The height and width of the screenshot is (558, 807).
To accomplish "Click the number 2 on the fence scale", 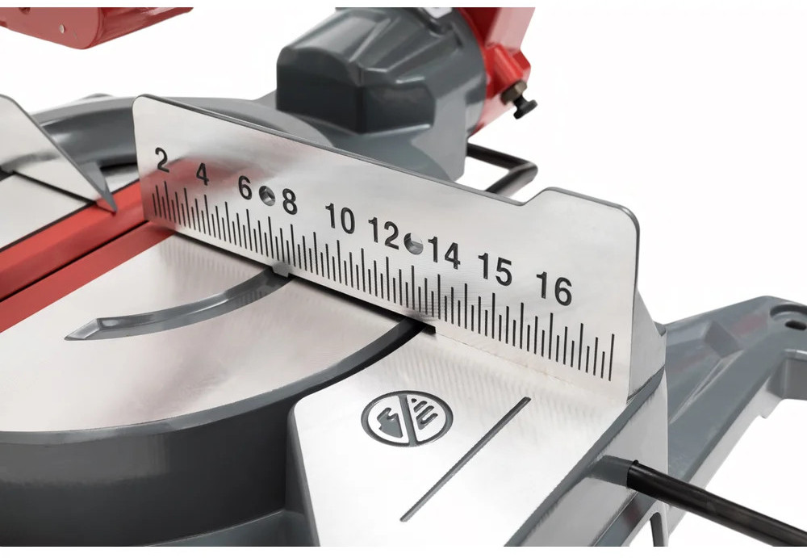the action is coord(162,159).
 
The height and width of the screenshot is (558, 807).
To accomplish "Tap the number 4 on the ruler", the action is coord(203,174).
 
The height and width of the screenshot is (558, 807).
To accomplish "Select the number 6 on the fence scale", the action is coord(245,188).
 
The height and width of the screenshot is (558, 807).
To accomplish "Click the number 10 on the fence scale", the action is coord(341,219).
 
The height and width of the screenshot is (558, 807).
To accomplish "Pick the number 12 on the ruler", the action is coord(384,233).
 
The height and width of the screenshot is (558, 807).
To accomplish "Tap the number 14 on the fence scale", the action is coord(444,253).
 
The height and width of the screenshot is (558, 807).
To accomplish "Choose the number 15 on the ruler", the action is coord(495,269).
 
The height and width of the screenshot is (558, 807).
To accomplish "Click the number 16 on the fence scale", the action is coord(554,288).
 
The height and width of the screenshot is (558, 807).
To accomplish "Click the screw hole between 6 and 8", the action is coord(266,195).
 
